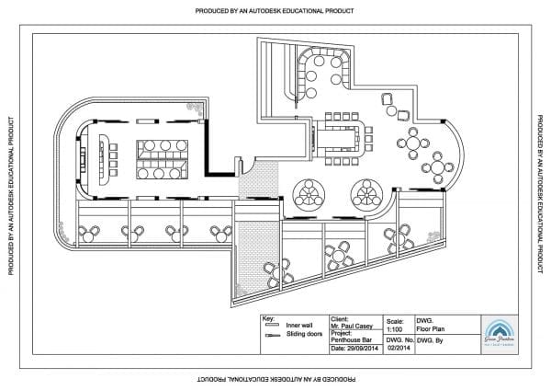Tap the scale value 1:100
point(395,326)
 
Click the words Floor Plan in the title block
point(432,326)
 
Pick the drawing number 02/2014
point(397,348)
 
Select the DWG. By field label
point(432,340)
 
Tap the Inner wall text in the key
point(299,326)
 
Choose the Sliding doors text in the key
point(302,335)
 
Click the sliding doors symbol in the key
point(272,336)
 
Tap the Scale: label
point(395,318)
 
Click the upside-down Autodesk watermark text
point(275,378)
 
